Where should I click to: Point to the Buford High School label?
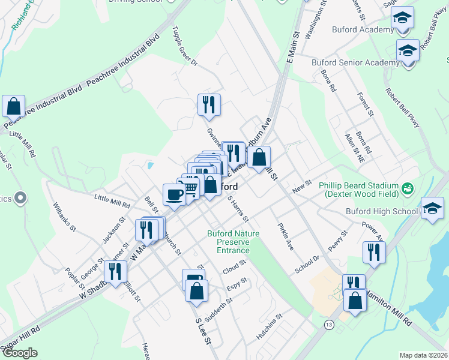click(382, 211)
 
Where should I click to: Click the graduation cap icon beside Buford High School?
click(432, 208)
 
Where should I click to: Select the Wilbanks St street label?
click(64, 218)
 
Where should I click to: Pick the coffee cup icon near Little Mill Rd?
click(174, 194)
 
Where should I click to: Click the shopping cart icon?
click(191, 189)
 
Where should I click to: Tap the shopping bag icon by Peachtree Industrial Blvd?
click(13, 106)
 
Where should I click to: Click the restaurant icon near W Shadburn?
click(115, 271)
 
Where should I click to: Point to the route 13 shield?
click(329, 325)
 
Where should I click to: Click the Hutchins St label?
click(269, 326)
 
